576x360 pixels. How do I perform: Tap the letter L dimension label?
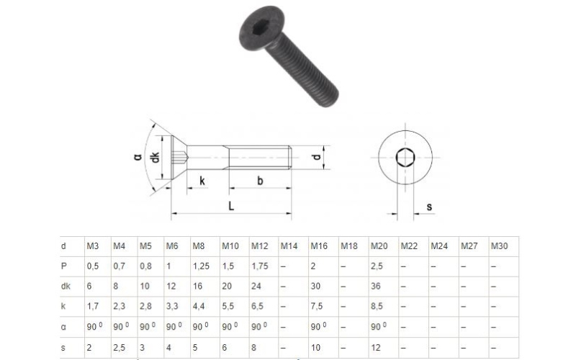[x=231, y=206]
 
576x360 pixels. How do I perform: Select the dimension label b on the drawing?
[x=260, y=181]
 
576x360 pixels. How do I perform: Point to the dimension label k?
[x=202, y=181]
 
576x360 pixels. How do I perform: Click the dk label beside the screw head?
[x=156, y=157]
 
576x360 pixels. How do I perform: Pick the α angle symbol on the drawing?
[x=138, y=157]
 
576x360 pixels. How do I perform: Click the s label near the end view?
[x=429, y=207]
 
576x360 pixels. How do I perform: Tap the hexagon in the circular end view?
[x=405, y=158]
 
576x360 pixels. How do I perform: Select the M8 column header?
[x=199, y=246]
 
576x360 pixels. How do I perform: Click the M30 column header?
[x=499, y=246]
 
